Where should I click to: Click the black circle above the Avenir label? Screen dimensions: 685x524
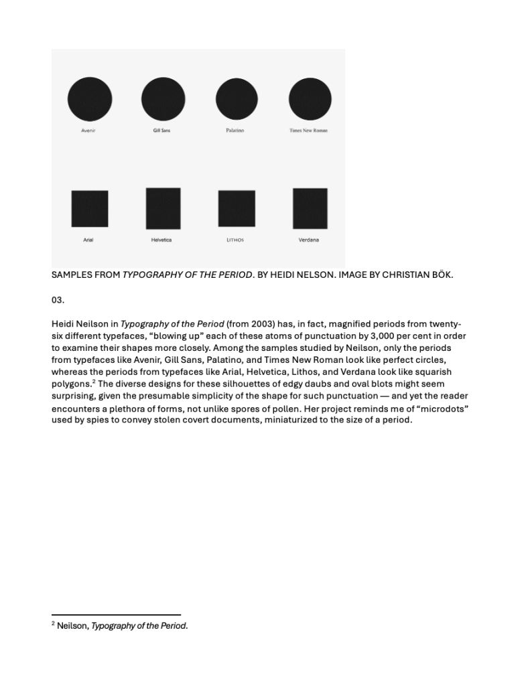pos(90,99)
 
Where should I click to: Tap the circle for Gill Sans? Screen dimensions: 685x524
pos(163,99)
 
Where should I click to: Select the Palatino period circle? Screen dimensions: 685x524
pos(237,99)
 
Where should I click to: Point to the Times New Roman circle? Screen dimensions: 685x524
pos(310,99)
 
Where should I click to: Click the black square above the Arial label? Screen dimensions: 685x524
pos(90,209)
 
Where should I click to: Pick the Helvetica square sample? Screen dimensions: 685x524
pos(163,209)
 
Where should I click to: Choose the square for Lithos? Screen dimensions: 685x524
pos(237,209)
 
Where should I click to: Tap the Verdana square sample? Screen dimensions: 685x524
pos(310,209)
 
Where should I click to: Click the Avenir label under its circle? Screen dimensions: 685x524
pos(88,131)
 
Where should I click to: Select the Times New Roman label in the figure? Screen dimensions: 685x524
pos(308,131)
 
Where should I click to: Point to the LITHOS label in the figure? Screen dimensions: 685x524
pos(235,240)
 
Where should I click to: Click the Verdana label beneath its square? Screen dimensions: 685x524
pos(309,240)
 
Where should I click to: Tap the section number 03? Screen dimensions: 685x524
pos(58,300)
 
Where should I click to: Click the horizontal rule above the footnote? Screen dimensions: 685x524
pos(116,615)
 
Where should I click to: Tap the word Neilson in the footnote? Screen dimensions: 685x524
pos(72,626)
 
